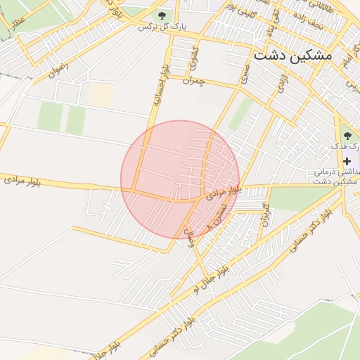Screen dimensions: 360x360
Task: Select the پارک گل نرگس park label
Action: [163, 27]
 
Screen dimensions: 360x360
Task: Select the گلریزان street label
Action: [265, 213]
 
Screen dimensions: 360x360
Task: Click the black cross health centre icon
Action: [347, 161]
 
